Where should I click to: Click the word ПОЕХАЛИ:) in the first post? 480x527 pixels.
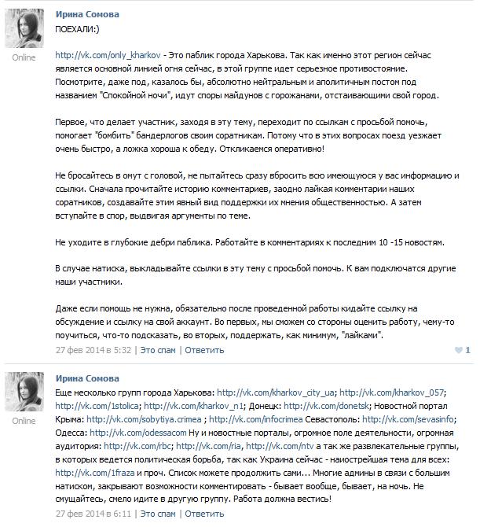tap(82, 28)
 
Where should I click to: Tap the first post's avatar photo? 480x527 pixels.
tap(24, 28)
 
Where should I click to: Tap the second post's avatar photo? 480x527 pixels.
tap(24, 392)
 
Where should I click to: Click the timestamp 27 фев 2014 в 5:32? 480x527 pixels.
tap(93, 349)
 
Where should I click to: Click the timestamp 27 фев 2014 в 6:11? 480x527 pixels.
tap(93, 513)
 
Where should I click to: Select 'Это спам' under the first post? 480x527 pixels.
tap(158, 349)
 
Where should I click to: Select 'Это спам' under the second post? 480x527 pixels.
tap(158, 513)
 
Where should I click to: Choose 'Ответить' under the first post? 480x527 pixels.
tap(204, 349)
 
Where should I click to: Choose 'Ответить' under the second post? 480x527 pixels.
tap(204, 513)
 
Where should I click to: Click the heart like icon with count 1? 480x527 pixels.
tap(459, 349)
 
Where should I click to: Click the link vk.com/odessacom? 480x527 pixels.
tap(126, 433)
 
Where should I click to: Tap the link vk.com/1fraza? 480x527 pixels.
tap(86, 473)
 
